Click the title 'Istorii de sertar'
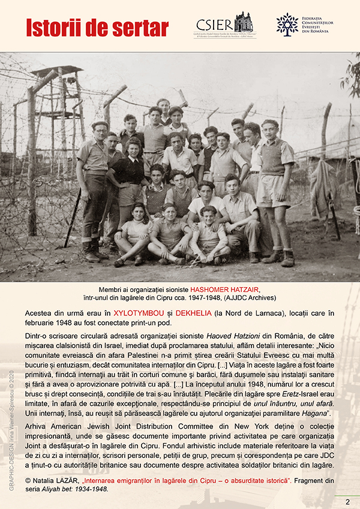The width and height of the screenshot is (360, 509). pyautogui.click(x=97, y=28)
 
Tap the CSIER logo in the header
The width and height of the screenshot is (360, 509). pyautogui.click(x=224, y=25)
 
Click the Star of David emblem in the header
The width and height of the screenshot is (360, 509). pyautogui.click(x=287, y=24)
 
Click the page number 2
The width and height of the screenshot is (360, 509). pyautogui.click(x=347, y=501)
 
